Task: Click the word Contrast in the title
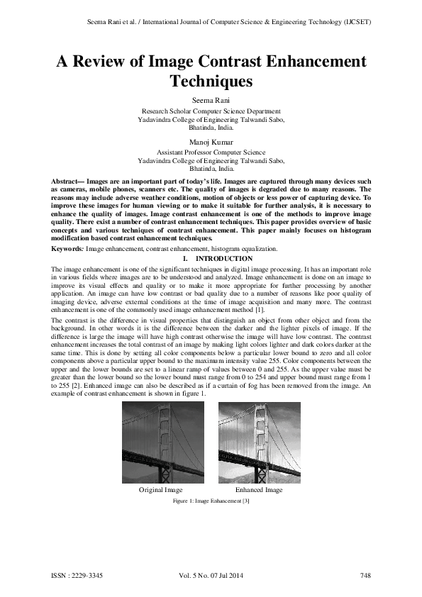[228, 62]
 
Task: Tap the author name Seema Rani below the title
[211, 100]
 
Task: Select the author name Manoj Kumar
[211, 141]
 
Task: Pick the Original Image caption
[161, 490]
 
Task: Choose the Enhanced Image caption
[259, 490]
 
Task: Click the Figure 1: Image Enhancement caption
[211, 501]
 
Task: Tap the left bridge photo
[163, 442]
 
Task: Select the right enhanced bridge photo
[258, 442]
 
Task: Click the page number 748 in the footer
[366, 575]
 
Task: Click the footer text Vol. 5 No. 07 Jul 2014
[211, 575]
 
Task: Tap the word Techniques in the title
[211, 82]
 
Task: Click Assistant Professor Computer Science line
[211, 152]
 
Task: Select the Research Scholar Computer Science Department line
[211, 111]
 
